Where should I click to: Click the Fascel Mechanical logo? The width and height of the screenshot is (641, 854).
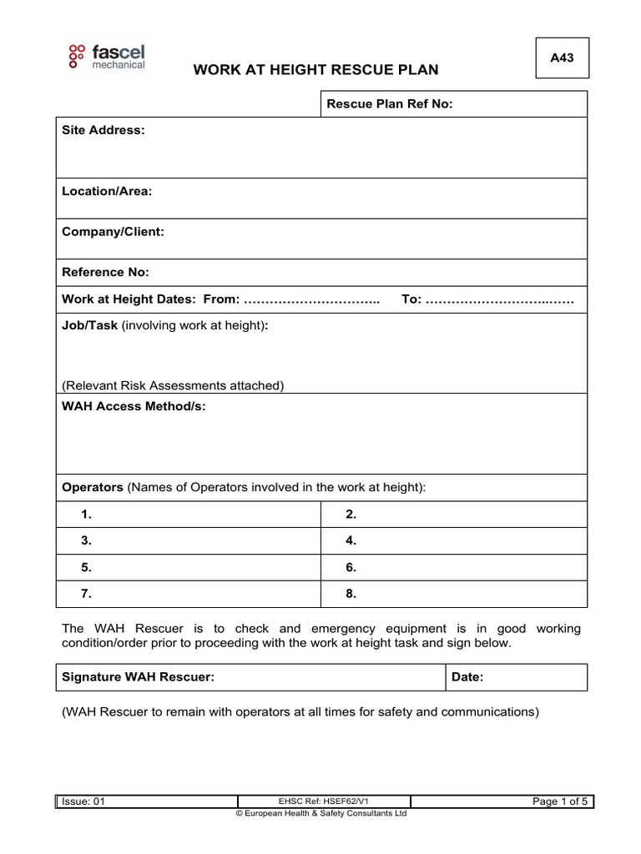[x=106, y=55]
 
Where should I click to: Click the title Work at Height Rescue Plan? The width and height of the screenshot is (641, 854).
[x=315, y=69]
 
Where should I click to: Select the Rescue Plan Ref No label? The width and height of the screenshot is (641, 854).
[x=389, y=104]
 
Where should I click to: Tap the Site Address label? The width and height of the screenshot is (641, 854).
[x=103, y=130]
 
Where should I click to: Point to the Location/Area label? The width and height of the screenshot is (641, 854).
[x=107, y=191]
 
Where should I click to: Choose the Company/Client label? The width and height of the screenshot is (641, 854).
[x=113, y=232]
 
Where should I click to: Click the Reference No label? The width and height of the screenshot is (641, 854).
[x=106, y=272]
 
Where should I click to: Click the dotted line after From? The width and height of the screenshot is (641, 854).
[x=310, y=299]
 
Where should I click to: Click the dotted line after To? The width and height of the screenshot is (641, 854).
[x=500, y=299]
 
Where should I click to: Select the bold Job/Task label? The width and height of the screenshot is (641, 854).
[x=90, y=326]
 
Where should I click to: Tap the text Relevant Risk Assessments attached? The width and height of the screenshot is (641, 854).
[x=173, y=385]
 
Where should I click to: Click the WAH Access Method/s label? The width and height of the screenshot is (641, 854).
[x=134, y=406]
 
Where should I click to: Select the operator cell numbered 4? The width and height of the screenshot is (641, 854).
[x=454, y=540]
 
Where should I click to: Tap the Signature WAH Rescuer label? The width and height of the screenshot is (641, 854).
[x=139, y=678]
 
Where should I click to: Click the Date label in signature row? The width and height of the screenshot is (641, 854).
[x=467, y=678]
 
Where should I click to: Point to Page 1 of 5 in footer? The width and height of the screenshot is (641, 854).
[x=560, y=801]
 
